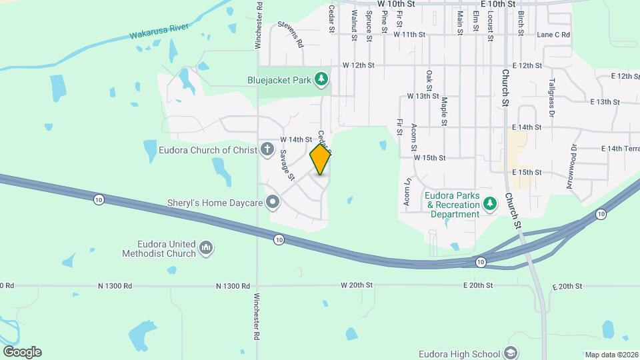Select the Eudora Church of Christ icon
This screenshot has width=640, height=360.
coord(267,149)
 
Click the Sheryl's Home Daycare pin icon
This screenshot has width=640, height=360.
coord(272,201)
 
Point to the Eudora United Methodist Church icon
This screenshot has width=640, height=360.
coord(207,249)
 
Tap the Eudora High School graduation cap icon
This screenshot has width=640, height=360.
coord(511,353)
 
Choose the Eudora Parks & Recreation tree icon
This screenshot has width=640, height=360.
coord(490,202)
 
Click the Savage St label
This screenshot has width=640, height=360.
coord(287,165)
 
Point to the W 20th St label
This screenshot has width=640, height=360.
coord(357,285)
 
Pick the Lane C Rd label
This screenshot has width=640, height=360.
coord(553,35)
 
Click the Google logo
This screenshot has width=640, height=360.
coord(21,352)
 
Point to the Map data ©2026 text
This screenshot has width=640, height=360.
coord(610,355)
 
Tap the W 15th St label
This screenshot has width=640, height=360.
coord(429,158)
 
